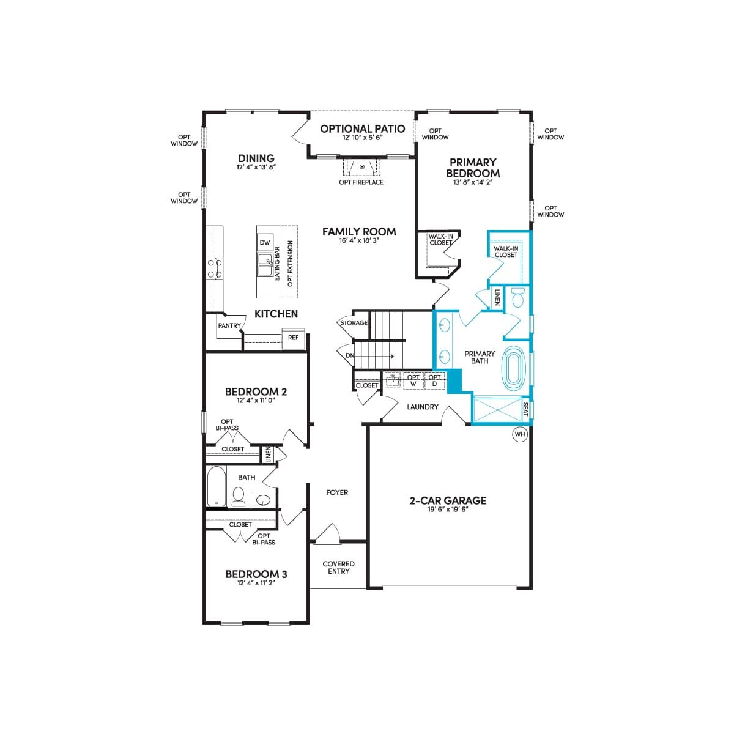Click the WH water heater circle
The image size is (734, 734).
[x=519, y=434]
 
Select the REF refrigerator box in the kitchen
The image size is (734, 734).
[x=294, y=338]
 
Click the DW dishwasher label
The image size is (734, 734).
[x=265, y=243]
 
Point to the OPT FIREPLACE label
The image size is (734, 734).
[x=361, y=182]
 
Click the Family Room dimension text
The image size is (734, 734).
[x=359, y=241]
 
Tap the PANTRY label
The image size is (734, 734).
[x=229, y=325]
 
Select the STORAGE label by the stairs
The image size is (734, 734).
[x=354, y=323]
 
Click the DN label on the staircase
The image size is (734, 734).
[x=350, y=355]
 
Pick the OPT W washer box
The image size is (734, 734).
[x=413, y=380]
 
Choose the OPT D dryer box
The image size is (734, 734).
[x=435, y=380]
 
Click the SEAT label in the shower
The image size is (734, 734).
[x=525, y=409]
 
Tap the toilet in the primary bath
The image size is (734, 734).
[x=517, y=298]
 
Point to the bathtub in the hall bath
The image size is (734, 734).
[x=217, y=486]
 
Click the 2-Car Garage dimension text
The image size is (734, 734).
[x=448, y=510]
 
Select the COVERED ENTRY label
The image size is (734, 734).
[x=339, y=568]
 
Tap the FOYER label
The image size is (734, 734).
[x=337, y=492]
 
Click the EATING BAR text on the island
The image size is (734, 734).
[x=277, y=264]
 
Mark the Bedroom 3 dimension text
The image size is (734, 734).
[x=256, y=584]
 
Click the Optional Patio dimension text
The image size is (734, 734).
[x=362, y=138]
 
